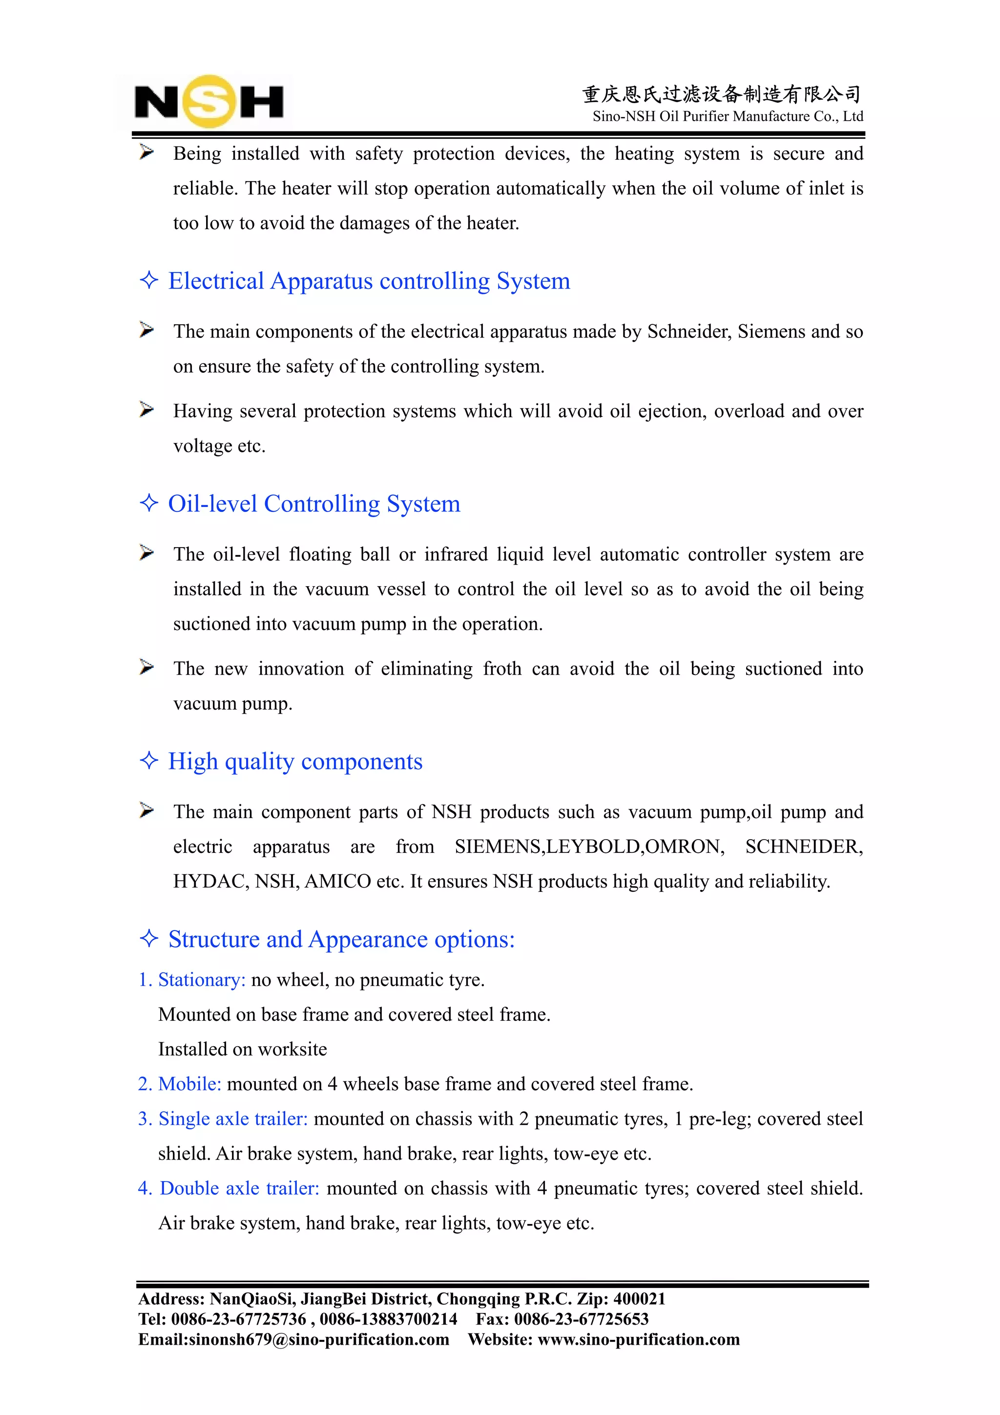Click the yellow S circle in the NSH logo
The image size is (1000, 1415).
coord(209,101)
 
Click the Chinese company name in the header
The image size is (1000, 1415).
coord(721,94)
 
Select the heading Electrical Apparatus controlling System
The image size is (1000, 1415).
coord(369,281)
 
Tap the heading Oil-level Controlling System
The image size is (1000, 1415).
coord(313,504)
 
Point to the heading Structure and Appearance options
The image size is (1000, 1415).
coord(341,939)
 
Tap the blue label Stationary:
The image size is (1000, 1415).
coord(202,980)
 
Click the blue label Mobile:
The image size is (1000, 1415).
coord(189,1084)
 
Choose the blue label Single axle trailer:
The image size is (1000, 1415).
coord(232,1119)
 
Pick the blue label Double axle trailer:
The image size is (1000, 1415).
coord(239,1188)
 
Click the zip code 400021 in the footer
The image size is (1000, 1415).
coord(639,1299)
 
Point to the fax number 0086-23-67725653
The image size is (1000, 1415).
coord(581,1319)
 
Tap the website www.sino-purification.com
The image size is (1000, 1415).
coord(638,1340)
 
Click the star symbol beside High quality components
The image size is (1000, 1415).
coord(149,760)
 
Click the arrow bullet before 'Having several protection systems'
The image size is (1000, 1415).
coord(146,409)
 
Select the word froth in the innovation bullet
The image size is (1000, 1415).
coord(501,669)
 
